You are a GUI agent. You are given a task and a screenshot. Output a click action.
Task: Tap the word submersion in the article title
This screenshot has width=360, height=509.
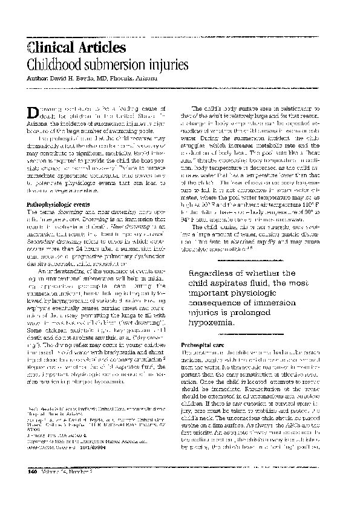coord(117,65)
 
